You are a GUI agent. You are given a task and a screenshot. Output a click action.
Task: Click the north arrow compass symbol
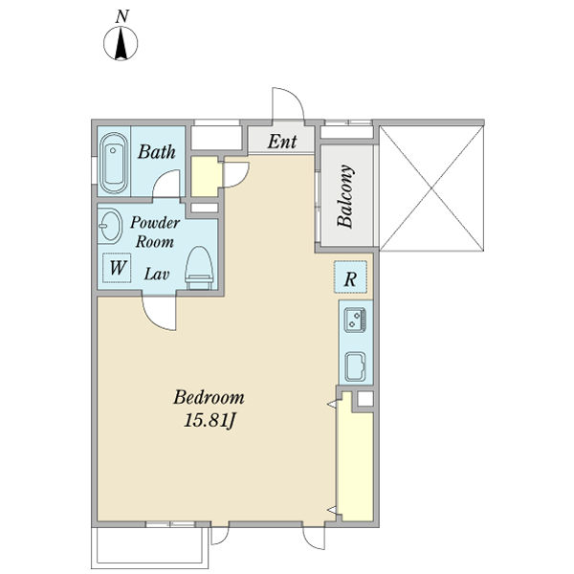(x=121, y=43)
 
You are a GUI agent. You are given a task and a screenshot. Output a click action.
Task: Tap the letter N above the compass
(x=121, y=17)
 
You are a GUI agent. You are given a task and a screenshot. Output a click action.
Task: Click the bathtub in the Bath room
(x=114, y=163)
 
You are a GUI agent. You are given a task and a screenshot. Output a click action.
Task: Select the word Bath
(x=157, y=151)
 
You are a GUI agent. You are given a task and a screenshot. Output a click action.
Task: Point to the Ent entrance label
(x=282, y=142)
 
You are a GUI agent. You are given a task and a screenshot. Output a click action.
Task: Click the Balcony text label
(x=345, y=196)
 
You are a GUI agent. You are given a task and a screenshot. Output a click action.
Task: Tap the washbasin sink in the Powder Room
(x=109, y=226)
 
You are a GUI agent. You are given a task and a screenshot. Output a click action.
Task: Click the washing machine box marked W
(x=117, y=268)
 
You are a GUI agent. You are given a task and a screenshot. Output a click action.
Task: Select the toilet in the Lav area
(x=199, y=268)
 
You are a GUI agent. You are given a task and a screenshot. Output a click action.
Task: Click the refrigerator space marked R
(x=350, y=276)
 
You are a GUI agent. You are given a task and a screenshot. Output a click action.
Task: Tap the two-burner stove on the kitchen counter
(x=355, y=320)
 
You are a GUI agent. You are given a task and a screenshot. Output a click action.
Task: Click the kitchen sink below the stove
(x=355, y=366)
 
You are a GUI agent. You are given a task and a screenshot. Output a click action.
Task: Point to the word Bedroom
(x=209, y=398)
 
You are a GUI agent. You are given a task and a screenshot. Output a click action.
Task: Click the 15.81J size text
(x=210, y=420)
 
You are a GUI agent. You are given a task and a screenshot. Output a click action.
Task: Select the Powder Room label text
(x=155, y=232)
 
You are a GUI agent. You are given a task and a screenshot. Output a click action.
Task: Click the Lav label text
(x=156, y=274)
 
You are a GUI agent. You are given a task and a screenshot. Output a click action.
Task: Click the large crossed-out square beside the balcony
(x=431, y=188)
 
